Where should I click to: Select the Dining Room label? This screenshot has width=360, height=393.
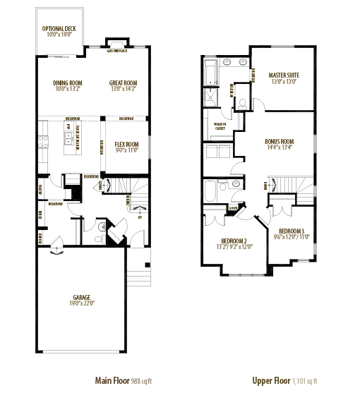pos(68,83)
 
